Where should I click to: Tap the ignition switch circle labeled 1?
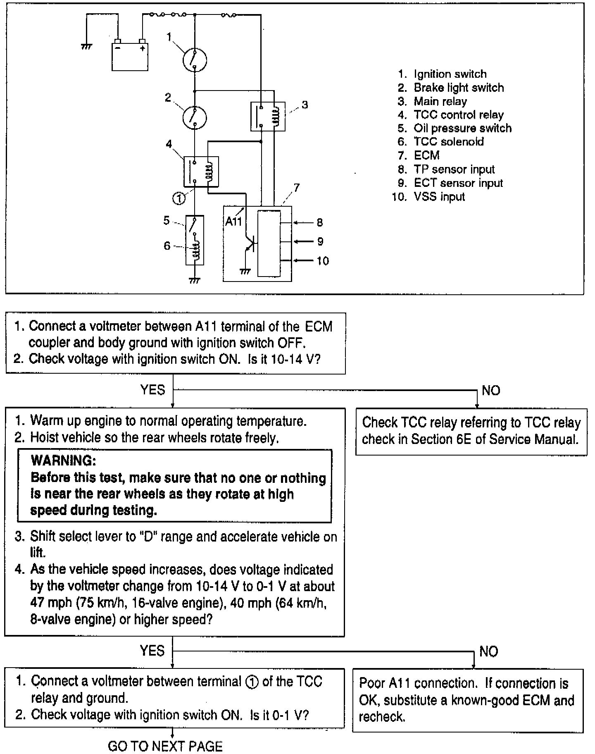(195, 60)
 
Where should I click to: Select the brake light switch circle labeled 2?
(195, 117)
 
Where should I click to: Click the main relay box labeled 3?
(268, 116)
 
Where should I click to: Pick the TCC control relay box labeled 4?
(201, 172)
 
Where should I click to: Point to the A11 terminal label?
(233, 222)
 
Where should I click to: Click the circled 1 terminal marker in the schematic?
(179, 199)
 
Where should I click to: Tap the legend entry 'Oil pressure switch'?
(462, 128)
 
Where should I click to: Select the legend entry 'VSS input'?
(439, 197)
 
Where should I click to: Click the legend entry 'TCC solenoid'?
(448, 142)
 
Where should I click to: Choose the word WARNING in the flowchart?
(63, 461)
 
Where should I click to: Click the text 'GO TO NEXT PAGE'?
(165, 746)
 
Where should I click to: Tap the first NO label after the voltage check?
(491, 391)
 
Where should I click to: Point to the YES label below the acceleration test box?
(152, 651)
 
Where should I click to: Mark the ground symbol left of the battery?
(86, 47)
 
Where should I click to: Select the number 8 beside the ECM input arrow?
(319, 223)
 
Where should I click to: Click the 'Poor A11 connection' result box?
(468, 700)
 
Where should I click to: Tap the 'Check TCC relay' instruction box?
(471, 431)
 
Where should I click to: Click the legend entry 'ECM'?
(426, 155)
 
